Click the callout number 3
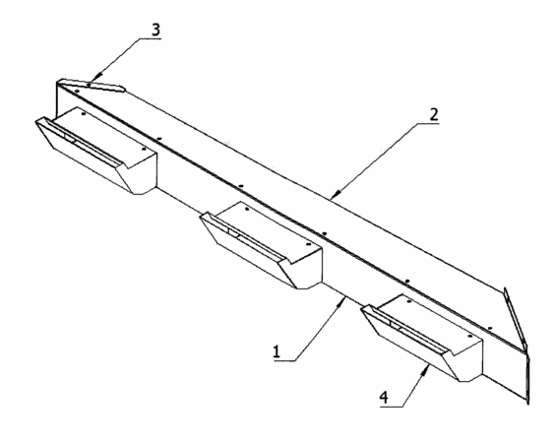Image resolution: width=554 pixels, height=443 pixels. tap(155, 30)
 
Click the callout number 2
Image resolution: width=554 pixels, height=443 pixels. tap(434, 115)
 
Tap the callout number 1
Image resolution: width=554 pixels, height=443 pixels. tap(277, 351)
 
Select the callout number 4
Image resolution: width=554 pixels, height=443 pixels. tap(384, 398)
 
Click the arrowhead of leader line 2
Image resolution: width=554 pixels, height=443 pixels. tap(337, 193)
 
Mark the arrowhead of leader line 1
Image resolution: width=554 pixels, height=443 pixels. tap(342, 301)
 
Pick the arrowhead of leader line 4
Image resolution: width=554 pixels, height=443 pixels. tap(426, 370)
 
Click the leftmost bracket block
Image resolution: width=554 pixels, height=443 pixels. tap(96, 151)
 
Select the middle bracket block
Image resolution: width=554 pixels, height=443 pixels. tap(262, 245)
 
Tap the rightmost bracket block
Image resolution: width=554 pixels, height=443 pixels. tap(422, 339)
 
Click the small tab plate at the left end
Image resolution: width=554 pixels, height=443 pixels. tap(92, 85)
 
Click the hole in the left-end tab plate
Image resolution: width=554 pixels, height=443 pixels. tap(89, 84)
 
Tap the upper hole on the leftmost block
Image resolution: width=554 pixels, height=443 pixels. tap(84, 114)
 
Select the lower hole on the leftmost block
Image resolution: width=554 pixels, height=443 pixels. tap(144, 149)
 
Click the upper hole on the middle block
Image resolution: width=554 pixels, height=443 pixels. tap(247, 209)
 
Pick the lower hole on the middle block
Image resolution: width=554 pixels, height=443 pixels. tap(308, 244)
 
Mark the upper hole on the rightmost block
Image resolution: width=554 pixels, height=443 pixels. tap(408, 302)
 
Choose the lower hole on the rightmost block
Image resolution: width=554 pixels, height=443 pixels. tap(470, 337)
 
